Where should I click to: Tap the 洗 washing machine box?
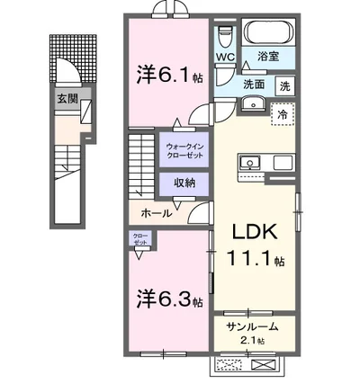tap(284, 87)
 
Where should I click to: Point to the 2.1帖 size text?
tap(251, 342)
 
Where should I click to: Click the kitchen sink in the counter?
tap(248, 163)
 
